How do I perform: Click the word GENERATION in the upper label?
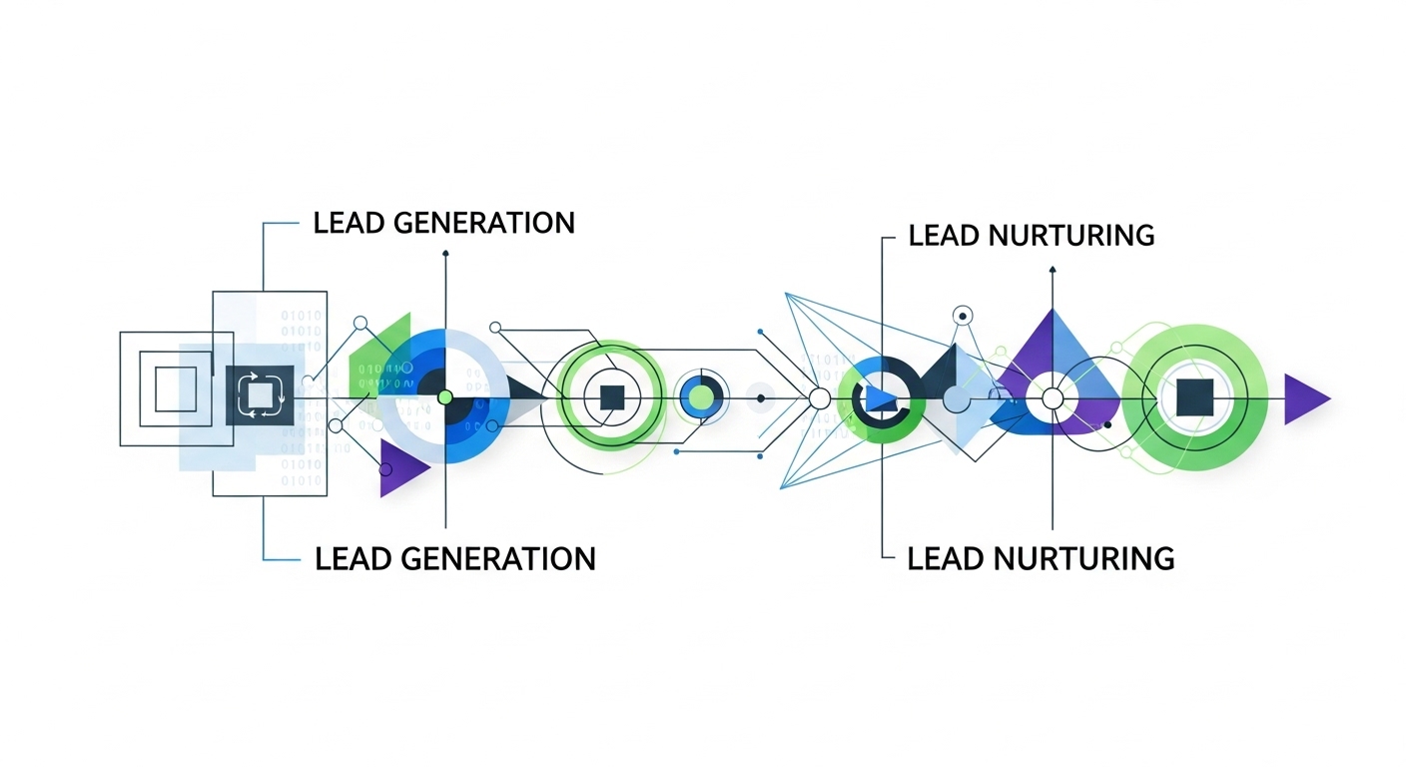pos(484,222)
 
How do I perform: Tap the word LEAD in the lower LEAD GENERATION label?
pos(350,558)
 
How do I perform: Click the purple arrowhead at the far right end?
pos(1304,398)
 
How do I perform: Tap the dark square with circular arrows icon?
pos(260,394)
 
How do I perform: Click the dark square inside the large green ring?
pos(1195,397)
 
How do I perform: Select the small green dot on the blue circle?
pos(445,397)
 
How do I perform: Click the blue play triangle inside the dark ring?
pos(881,398)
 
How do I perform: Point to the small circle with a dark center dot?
pos(963,316)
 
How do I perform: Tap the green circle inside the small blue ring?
pos(703,397)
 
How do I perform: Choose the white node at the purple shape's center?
pos(1053,398)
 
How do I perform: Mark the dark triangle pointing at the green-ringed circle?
pos(525,396)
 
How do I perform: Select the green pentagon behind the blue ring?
pos(384,355)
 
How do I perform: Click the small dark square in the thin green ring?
pos(611,396)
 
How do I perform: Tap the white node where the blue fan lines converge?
pos(819,398)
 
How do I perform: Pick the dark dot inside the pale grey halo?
pos(761,398)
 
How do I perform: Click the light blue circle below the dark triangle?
pos(956,400)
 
